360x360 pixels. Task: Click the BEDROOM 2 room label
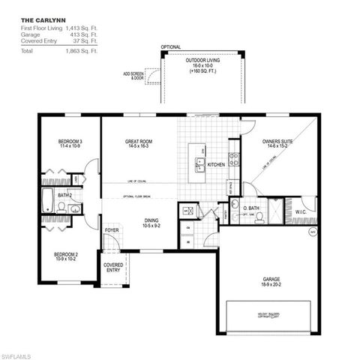pos(67,255)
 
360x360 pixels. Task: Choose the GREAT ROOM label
pos(140,141)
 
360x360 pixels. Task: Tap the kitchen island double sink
pos(200,163)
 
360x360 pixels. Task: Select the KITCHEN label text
pos(216,165)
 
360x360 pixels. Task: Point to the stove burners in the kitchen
pos(234,159)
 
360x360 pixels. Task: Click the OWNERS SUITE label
pos(277,141)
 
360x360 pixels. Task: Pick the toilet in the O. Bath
pos(258,217)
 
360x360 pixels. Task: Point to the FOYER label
pos(112,229)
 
